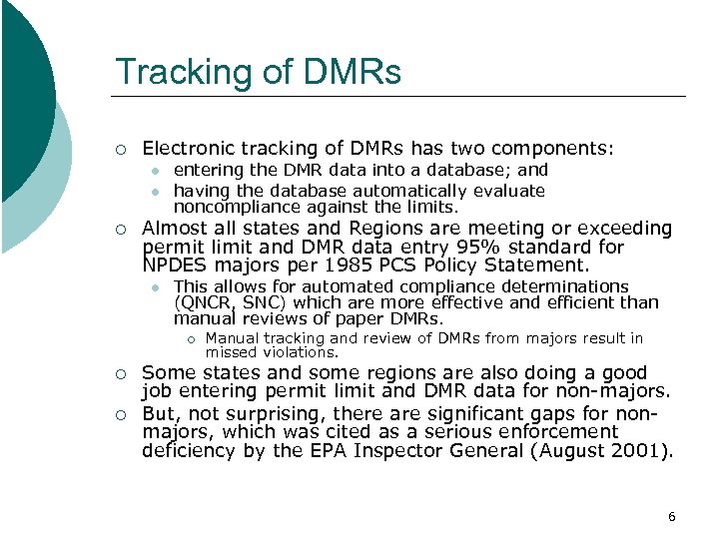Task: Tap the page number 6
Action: (671, 516)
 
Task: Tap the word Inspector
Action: (452, 450)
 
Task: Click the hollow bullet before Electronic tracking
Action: (121, 150)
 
